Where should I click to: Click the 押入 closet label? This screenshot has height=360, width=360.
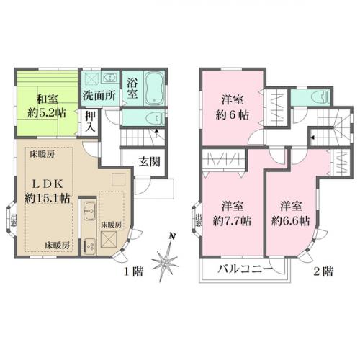[90, 120]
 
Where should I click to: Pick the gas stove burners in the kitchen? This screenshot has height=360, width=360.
[90, 246]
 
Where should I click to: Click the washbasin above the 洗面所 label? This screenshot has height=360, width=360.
[109, 77]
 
